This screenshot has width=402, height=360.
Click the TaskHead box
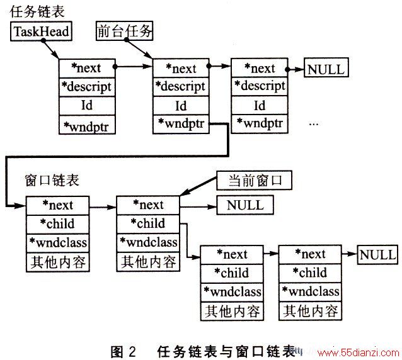point(41,31)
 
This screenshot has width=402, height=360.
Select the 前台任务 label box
point(124,31)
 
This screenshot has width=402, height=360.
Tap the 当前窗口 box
point(254,180)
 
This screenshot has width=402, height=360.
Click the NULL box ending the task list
point(326,67)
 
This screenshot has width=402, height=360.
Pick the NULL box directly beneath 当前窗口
point(245,205)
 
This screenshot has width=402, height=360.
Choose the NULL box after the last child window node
point(377,255)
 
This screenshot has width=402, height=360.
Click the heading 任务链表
point(37,11)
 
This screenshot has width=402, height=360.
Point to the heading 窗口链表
point(52,180)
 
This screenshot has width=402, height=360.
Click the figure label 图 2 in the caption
point(123,351)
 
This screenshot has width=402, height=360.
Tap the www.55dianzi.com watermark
point(358,353)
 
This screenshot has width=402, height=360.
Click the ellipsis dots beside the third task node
point(314,124)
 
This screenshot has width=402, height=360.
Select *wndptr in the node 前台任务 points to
point(181,123)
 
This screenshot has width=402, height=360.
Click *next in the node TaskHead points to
point(86,68)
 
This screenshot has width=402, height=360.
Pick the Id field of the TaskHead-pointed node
point(87,105)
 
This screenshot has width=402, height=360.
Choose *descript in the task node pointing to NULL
point(260,86)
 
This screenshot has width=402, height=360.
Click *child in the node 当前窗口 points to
point(148,223)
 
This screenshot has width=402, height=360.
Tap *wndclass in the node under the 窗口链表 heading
point(58,242)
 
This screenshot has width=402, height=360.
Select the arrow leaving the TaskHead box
point(51,49)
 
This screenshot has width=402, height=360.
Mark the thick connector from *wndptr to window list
point(117,155)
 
